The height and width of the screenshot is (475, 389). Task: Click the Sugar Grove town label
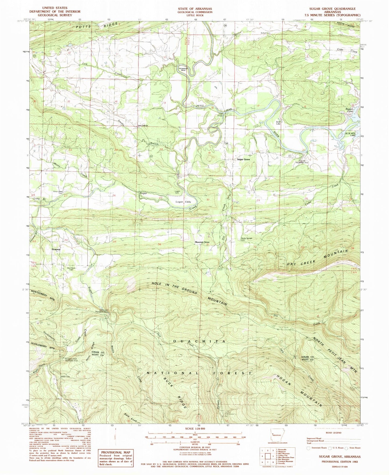click(x=243, y=160)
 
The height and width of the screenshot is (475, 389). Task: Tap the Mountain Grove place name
click(x=202, y=242)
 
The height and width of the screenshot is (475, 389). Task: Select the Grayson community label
click(x=56, y=249)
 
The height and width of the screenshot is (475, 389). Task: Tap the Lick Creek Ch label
click(x=143, y=126)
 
